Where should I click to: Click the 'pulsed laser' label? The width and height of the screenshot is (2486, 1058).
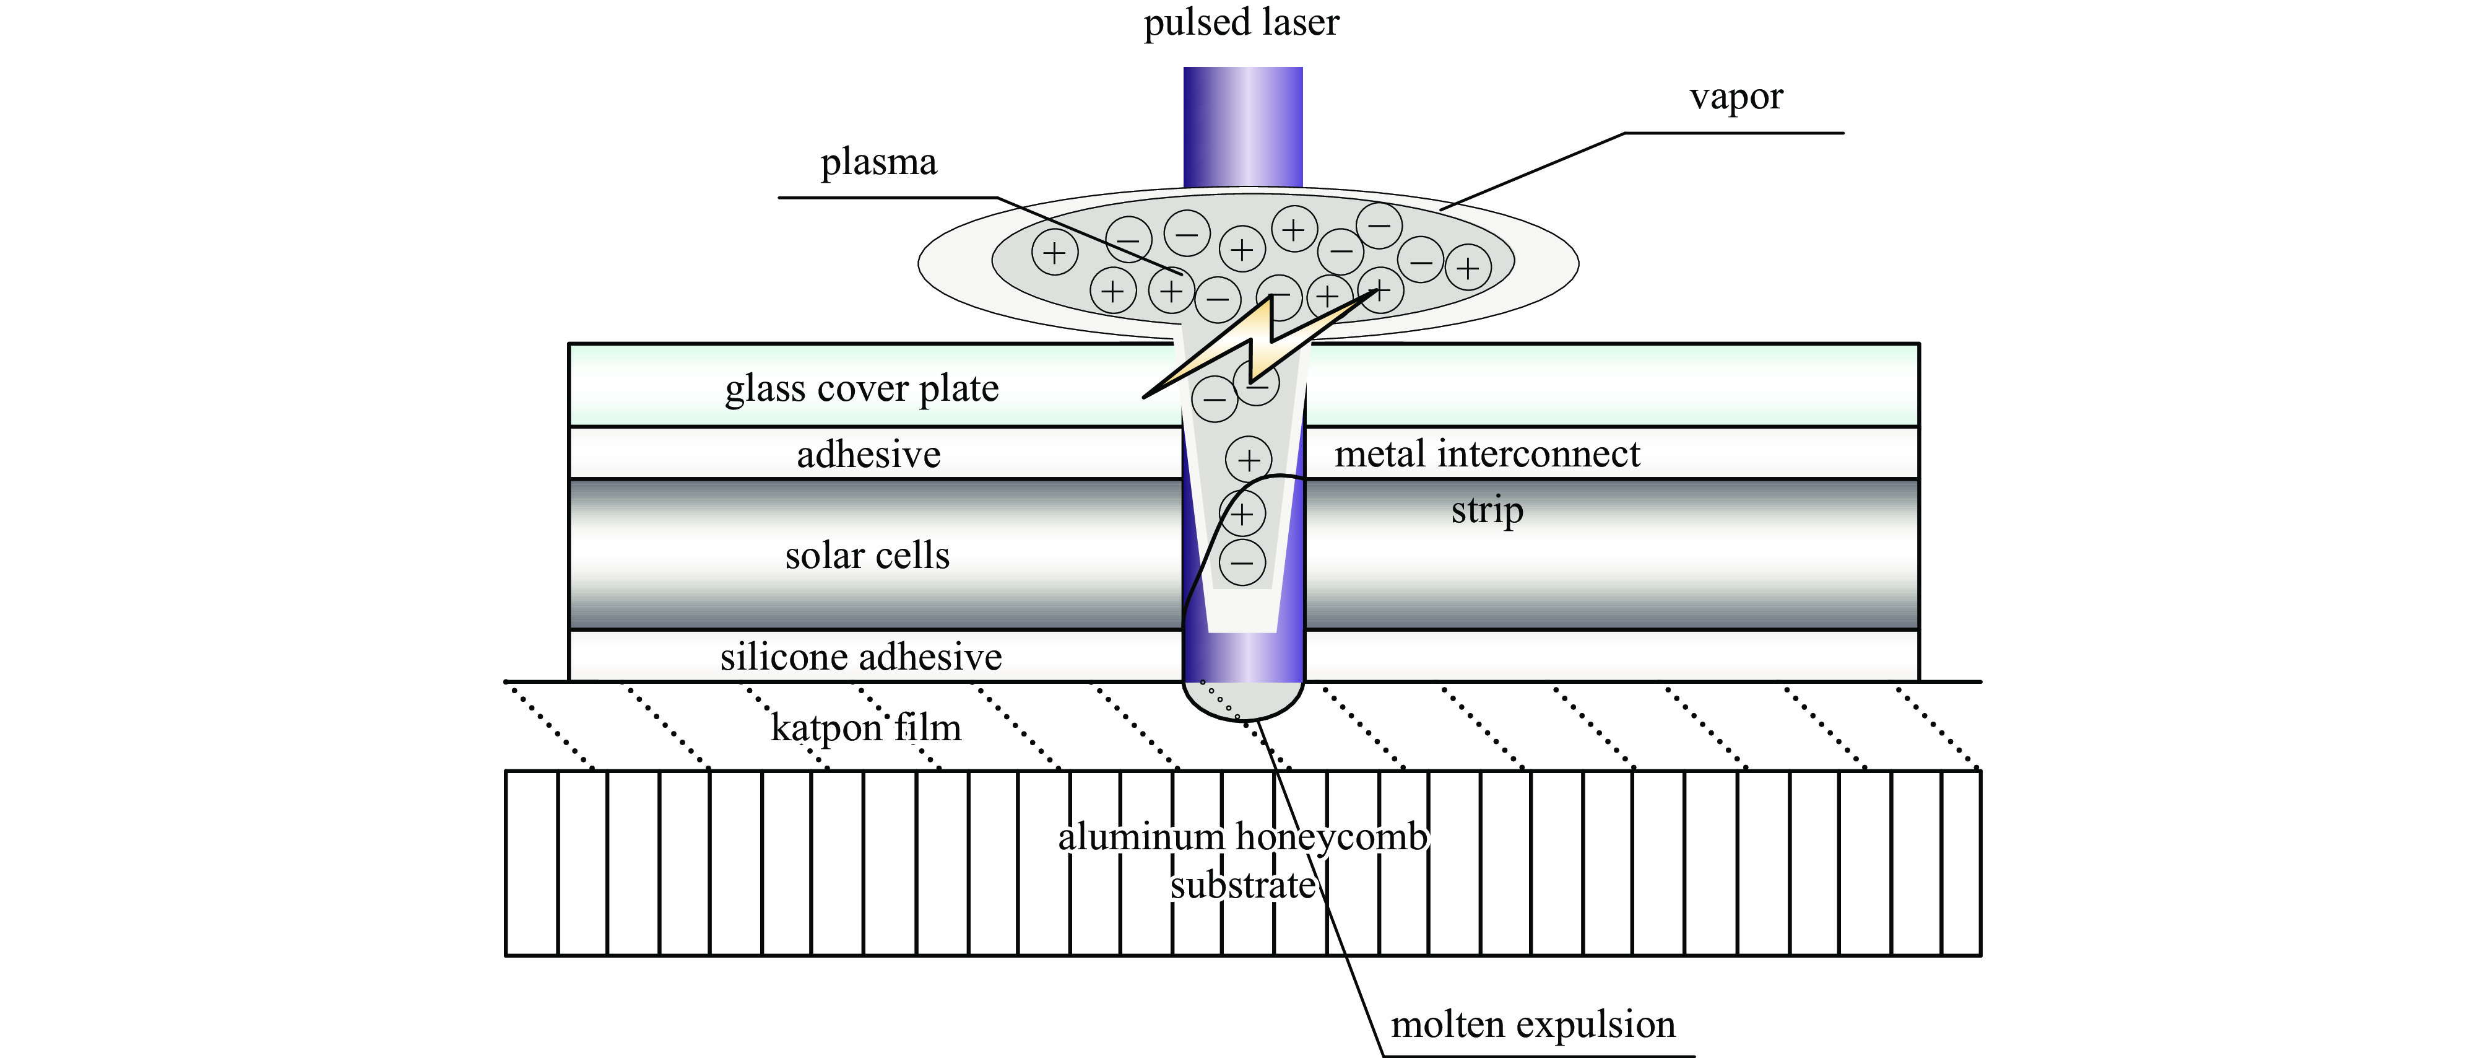click(x=1241, y=23)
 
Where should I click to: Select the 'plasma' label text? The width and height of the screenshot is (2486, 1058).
click(x=878, y=163)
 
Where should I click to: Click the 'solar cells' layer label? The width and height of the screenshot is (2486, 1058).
click(x=867, y=556)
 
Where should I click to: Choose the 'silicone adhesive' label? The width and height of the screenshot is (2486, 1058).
click(x=861, y=657)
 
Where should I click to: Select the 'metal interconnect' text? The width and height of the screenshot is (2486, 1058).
click(x=1486, y=453)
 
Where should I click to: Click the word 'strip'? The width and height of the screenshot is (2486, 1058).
click(x=1486, y=510)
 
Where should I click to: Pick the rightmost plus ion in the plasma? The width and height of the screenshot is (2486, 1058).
click(x=1467, y=268)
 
